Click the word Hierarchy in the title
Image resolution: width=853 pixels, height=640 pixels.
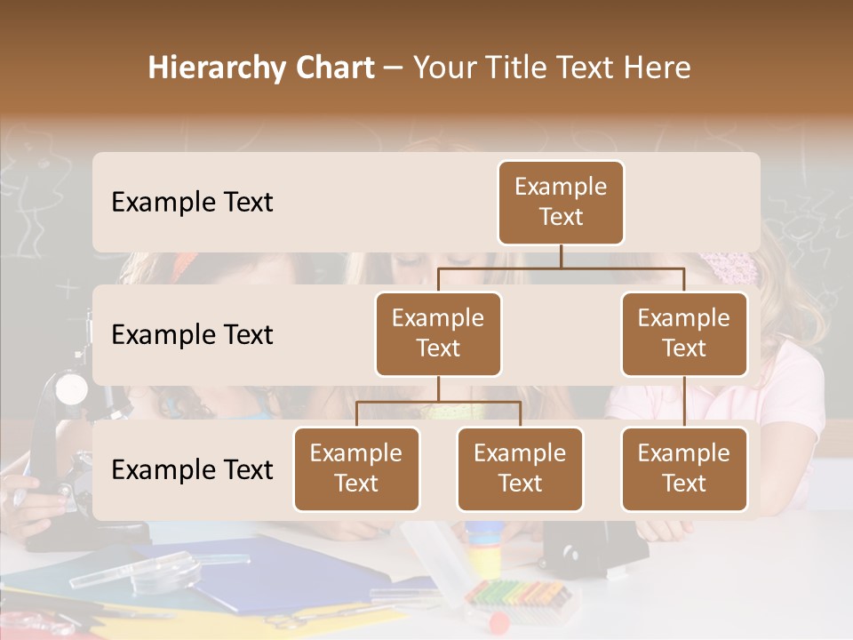[x=215, y=68]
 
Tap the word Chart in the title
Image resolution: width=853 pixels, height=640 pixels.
[x=334, y=68]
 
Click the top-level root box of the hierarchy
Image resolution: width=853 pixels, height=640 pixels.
[x=561, y=203]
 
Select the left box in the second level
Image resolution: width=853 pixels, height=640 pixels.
[x=438, y=334]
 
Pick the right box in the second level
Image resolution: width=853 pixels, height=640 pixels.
[x=684, y=334]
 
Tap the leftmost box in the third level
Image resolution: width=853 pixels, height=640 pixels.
[x=356, y=469]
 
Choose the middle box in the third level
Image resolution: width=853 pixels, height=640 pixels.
[x=520, y=469]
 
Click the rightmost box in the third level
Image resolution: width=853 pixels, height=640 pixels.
[x=684, y=469]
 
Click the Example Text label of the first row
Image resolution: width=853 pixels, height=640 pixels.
[x=192, y=203]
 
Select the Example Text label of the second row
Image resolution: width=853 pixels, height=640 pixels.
[x=192, y=335]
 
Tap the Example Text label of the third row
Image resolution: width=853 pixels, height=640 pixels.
[x=192, y=470]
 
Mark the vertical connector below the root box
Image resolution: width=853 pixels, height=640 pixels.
[x=561, y=256]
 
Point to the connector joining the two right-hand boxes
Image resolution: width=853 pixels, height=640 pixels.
[x=684, y=402]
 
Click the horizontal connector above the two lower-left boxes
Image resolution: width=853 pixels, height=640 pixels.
[x=438, y=402]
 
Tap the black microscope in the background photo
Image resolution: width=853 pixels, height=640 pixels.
[x=67, y=444]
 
